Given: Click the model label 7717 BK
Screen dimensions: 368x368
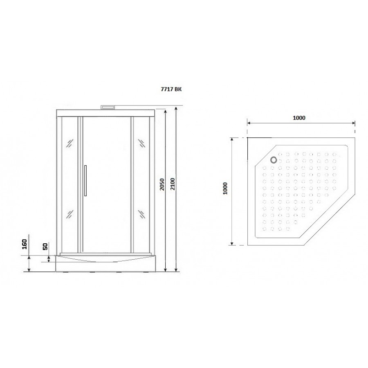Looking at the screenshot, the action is tap(171, 90).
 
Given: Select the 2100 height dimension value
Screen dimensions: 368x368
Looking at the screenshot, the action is tap(173, 184).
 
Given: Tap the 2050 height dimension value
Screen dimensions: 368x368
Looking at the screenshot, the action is tap(162, 184).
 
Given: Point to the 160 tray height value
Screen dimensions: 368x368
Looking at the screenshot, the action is tap(25, 244).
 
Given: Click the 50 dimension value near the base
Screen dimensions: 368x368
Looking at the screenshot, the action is tap(45, 246).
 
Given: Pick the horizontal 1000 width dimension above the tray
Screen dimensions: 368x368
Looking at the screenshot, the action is tap(299, 118).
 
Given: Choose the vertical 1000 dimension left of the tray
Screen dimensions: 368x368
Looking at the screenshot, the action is tap(225, 188).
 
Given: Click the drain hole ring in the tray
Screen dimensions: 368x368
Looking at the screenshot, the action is tap(274, 160).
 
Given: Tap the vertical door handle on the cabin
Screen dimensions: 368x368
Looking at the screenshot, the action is tap(85, 180).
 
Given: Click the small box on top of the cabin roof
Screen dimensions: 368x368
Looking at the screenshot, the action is tap(108, 107).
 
